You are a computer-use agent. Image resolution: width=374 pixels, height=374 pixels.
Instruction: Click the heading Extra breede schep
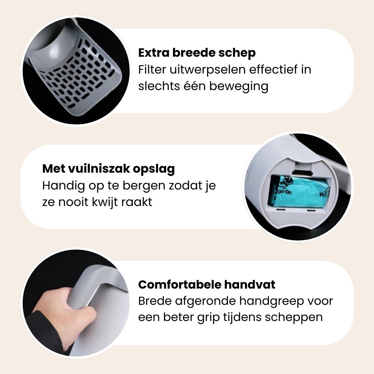[x=197, y=53]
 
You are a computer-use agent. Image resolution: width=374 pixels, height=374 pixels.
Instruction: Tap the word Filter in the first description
[x=151, y=69]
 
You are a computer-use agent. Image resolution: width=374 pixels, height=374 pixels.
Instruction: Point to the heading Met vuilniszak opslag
[x=108, y=169]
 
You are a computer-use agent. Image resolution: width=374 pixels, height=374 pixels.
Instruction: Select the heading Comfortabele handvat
[x=207, y=285]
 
